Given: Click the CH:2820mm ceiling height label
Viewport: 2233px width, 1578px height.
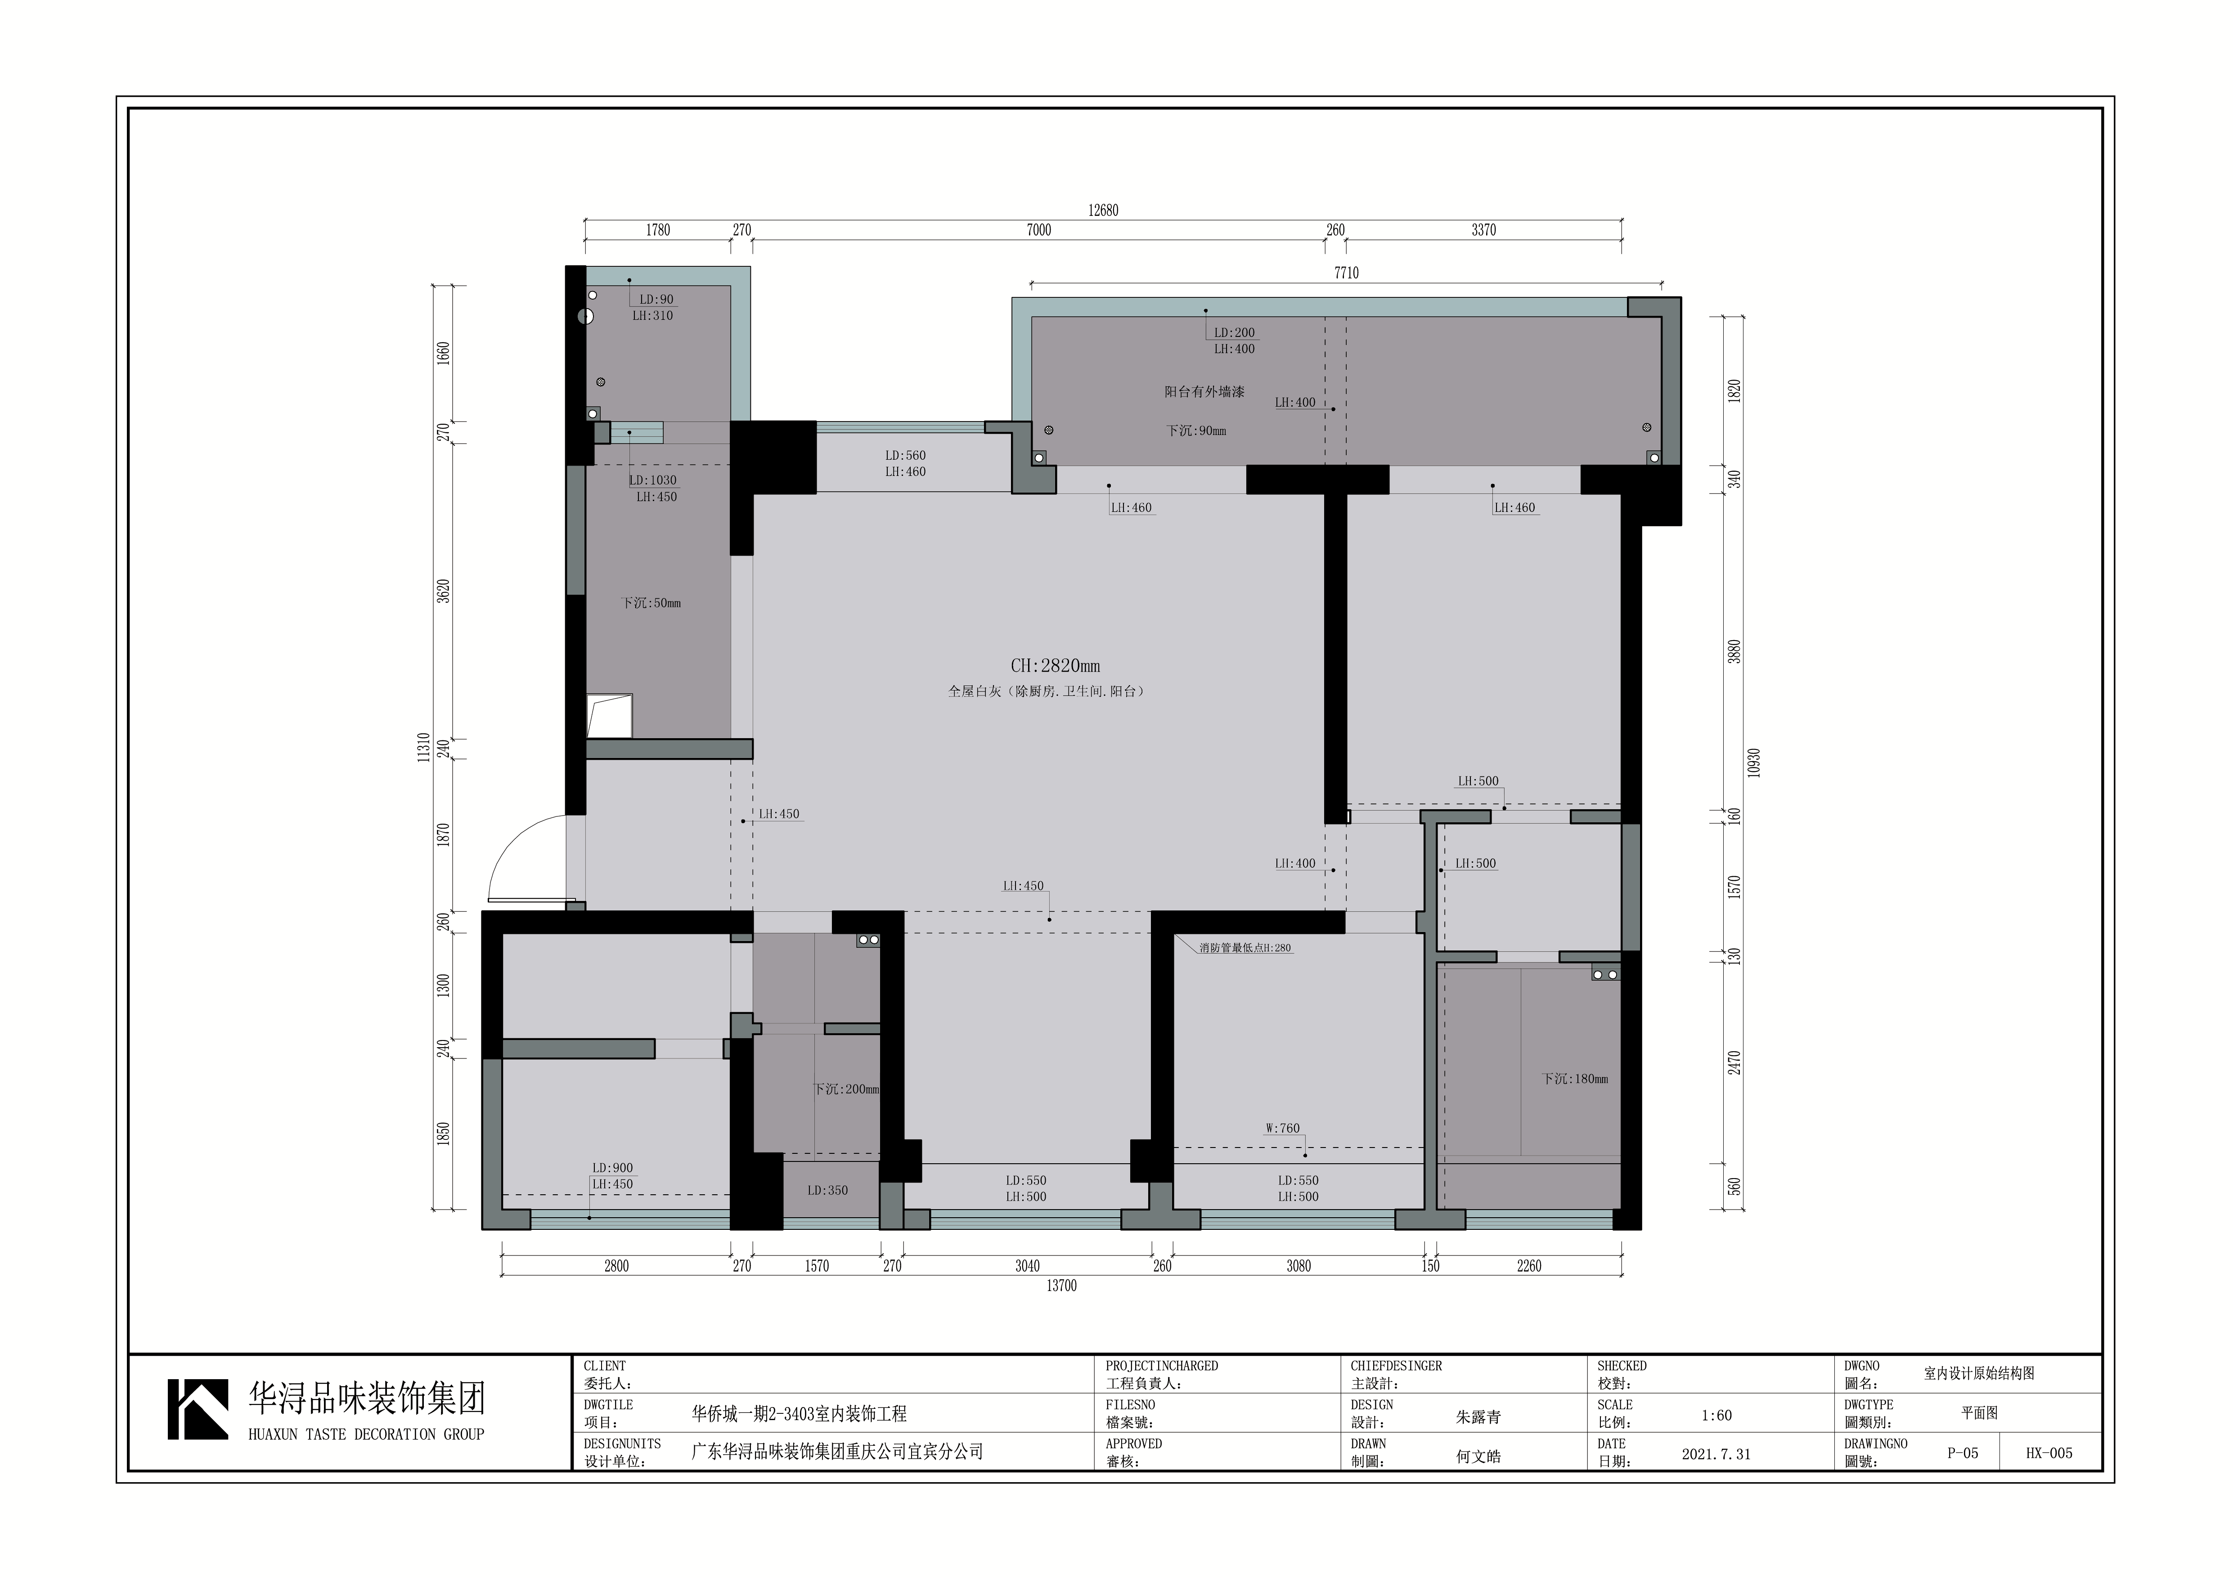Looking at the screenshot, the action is pos(1055,666).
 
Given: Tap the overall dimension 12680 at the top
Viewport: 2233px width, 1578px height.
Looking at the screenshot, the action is pos(1103,210).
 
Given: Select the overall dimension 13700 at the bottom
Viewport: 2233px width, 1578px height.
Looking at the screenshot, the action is pos(1061,1285).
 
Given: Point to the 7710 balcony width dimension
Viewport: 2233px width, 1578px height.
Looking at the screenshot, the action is pos(1346,273).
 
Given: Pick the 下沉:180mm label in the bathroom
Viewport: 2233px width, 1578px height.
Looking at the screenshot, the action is pos(1575,1079).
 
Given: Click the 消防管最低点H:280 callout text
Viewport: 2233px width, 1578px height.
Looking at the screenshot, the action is pos(1245,948).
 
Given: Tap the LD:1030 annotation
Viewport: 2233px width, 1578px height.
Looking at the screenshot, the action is pos(652,480).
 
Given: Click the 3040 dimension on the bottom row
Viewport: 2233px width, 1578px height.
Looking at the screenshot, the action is pos(1027,1266).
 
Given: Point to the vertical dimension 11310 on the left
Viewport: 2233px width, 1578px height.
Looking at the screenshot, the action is pos(424,748).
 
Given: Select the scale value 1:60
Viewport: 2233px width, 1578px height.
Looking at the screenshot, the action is pos(1716,1416).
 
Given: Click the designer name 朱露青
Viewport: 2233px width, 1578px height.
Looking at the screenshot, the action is pos(1478,1417).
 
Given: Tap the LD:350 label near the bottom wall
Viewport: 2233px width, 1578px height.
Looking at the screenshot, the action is pos(828,1190).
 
